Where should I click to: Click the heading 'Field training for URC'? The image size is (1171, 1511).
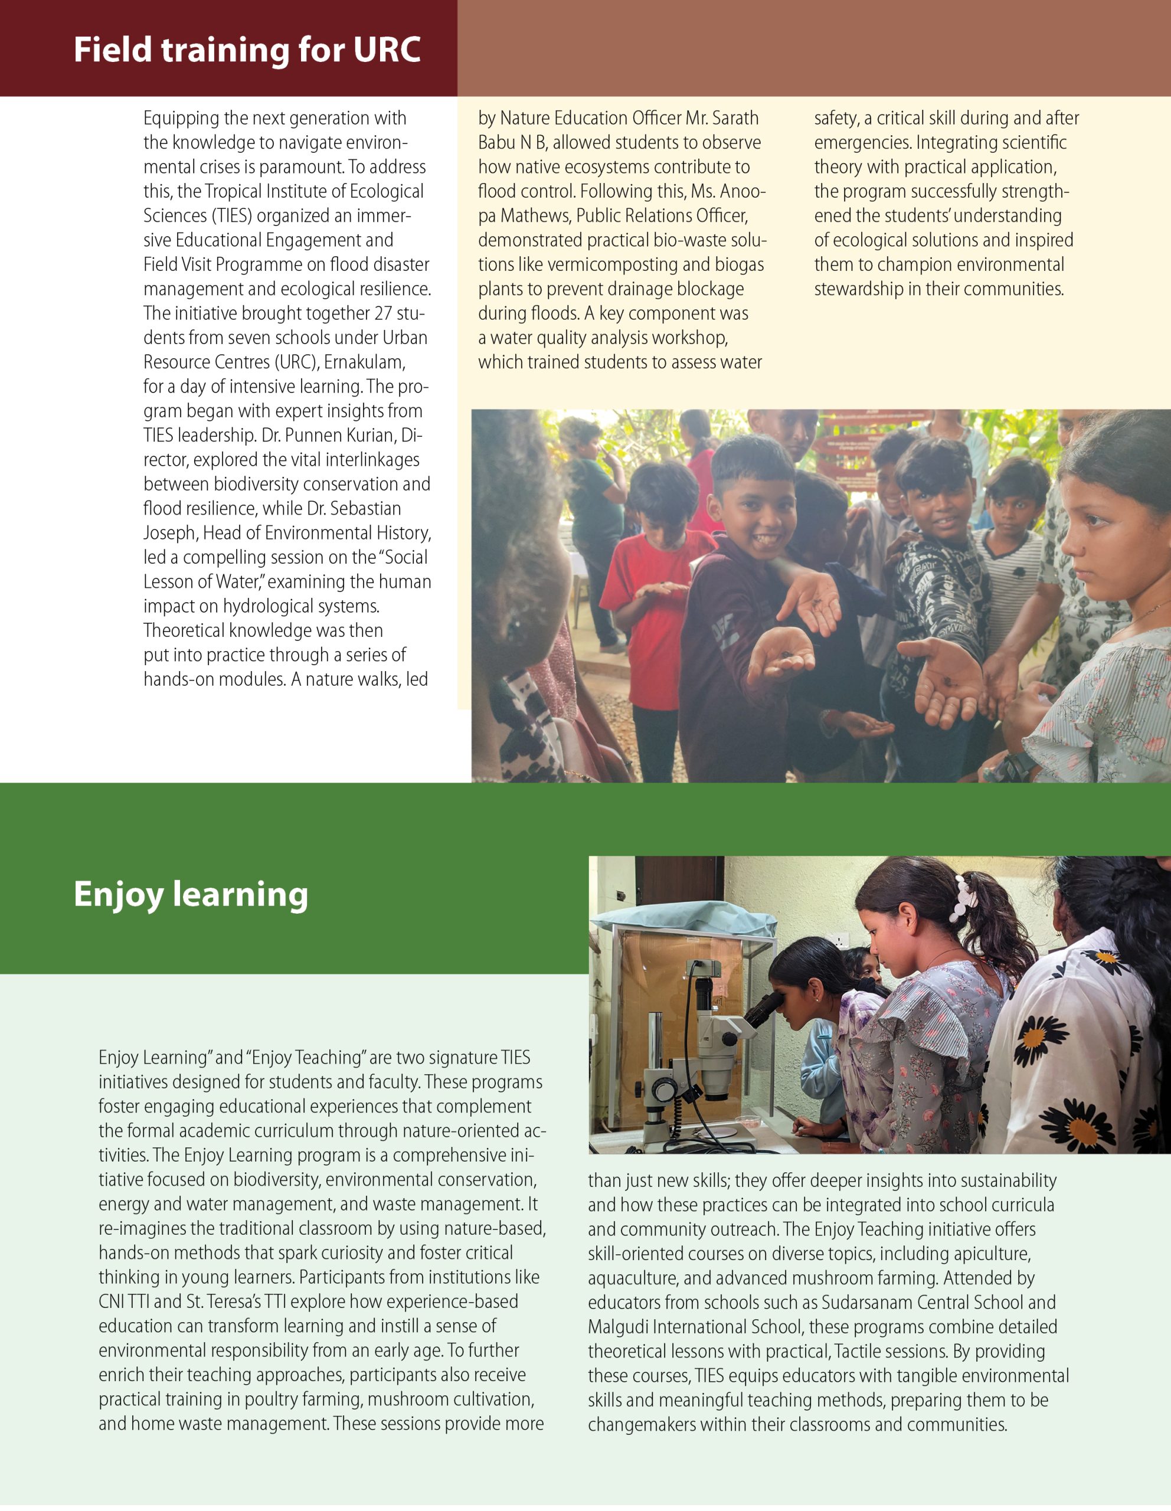247,50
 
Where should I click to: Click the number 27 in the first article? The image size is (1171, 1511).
383,313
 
